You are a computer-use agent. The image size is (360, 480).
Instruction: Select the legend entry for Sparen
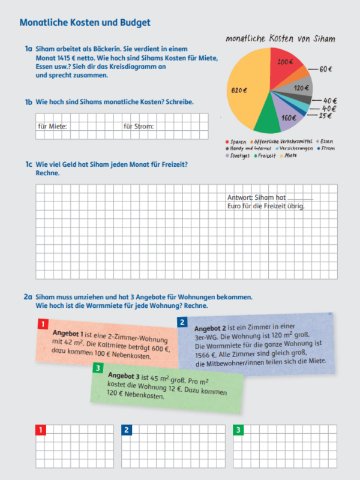(238, 142)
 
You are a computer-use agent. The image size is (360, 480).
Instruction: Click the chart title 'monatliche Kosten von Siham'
(280, 38)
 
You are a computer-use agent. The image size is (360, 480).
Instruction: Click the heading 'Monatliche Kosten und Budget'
(85, 23)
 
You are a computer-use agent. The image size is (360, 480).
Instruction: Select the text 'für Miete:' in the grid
(52, 127)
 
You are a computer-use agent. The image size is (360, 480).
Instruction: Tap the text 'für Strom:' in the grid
(139, 127)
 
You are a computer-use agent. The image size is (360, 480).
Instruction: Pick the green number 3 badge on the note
(98, 368)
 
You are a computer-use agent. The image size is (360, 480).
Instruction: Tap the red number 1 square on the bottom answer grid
(41, 430)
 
